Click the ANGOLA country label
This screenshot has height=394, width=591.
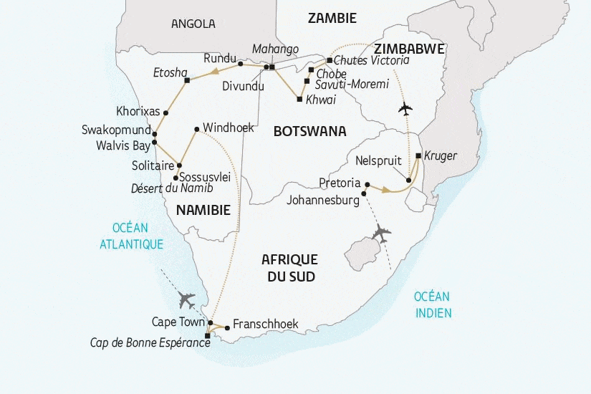click(193, 24)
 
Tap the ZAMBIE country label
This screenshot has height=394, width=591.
click(332, 19)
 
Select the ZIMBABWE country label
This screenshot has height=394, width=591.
click(408, 49)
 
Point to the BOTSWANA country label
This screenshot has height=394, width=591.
click(309, 131)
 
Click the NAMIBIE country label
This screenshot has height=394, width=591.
click(203, 210)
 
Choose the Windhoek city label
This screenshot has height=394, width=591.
click(228, 128)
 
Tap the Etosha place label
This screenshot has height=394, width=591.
click(170, 72)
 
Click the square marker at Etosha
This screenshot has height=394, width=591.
click(186, 81)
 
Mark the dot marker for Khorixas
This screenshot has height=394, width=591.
click(165, 112)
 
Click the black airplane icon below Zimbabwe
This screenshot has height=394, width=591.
click(405, 110)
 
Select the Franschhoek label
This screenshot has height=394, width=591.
click(265, 324)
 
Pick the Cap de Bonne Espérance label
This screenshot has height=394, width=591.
click(150, 343)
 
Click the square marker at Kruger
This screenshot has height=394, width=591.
click(418, 155)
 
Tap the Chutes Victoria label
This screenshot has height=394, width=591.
click(371, 61)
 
